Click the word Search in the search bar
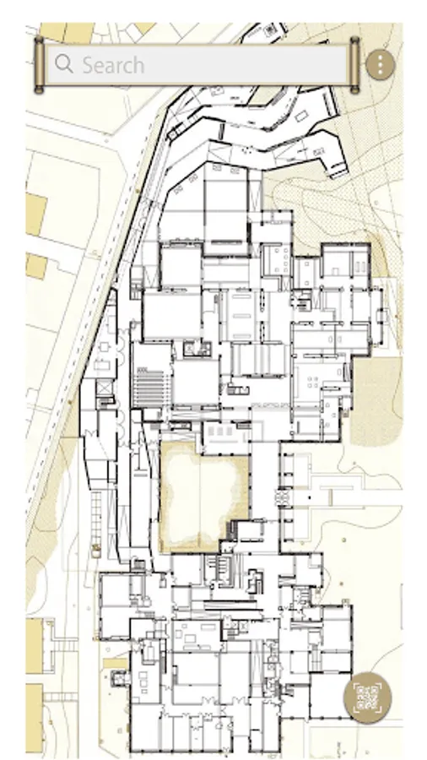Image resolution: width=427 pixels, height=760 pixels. [113, 65]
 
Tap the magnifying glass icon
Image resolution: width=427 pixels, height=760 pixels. [63, 64]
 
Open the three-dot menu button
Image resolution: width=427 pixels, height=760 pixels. [381, 64]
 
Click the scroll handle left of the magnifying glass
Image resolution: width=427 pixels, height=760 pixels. [39, 64]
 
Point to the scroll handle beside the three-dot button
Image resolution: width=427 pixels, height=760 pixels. [354, 64]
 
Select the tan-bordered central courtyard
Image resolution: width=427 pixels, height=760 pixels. [204, 497]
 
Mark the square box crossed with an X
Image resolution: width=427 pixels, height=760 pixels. [104, 388]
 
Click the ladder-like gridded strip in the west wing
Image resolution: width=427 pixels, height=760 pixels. [96, 517]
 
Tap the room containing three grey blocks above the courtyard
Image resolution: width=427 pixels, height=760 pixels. [226, 431]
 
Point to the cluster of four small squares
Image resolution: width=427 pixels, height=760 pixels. [313, 383]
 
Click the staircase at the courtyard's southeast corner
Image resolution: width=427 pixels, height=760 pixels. [232, 531]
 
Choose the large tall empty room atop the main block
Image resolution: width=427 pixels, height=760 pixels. [225, 209]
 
